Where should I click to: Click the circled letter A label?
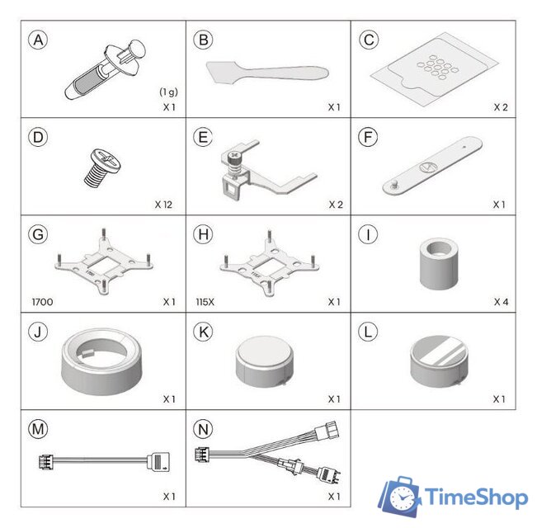point(38,40)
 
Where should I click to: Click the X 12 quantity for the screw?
point(163,205)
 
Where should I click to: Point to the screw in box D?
point(102,167)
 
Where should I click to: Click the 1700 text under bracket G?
point(42,302)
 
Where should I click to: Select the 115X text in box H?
point(205,302)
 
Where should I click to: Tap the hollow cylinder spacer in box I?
point(439,264)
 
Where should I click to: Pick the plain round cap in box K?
point(265,361)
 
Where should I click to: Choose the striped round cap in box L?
point(439,361)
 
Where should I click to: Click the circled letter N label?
point(203,429)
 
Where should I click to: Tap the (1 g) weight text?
point(168,92)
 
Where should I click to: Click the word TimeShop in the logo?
point(477,497)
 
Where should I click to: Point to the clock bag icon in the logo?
point(399,497)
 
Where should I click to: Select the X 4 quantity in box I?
point(501,302)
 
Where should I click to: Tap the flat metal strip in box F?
point(432,166)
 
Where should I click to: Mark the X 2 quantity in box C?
point(501,107)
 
